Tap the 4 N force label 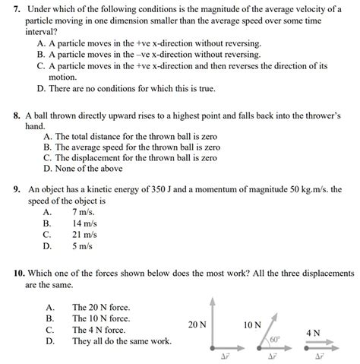click(312, 333)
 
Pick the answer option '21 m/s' click(84, 236)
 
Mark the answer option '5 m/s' click(82, 246)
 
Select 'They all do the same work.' click(122, 341)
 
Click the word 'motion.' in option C click(64, 77)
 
